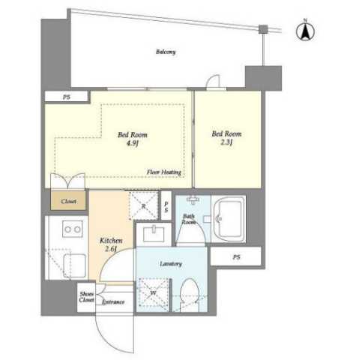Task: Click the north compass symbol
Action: pos(305,31)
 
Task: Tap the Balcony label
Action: pos(166,52)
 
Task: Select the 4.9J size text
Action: pos(133,144)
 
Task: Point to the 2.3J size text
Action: pos(226,142)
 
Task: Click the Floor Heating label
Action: pos(164,172)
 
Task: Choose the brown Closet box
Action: pos(68,201)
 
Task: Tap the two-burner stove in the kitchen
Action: pos(73,229)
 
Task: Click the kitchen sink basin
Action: pos(74,265)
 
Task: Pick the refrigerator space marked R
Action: pos(144,206)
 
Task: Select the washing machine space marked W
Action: pos(154,295)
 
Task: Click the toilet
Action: pos(190,295)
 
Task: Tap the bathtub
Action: pos(229,219)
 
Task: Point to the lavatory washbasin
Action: pos(154,234)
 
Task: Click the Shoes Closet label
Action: pos(86,297)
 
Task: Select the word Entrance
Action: pos(113,301)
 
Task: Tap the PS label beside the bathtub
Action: pos(236,256)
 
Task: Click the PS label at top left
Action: pos(67,97)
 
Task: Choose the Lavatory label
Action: pos(171,264)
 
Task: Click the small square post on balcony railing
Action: pos(263,29)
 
